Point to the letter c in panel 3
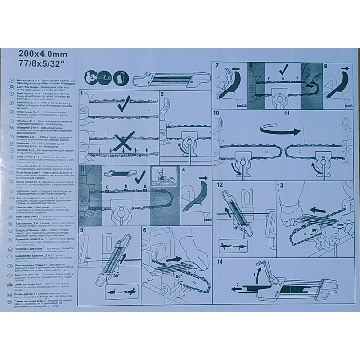(x=107, y=185)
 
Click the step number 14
(x=220, y=261)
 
